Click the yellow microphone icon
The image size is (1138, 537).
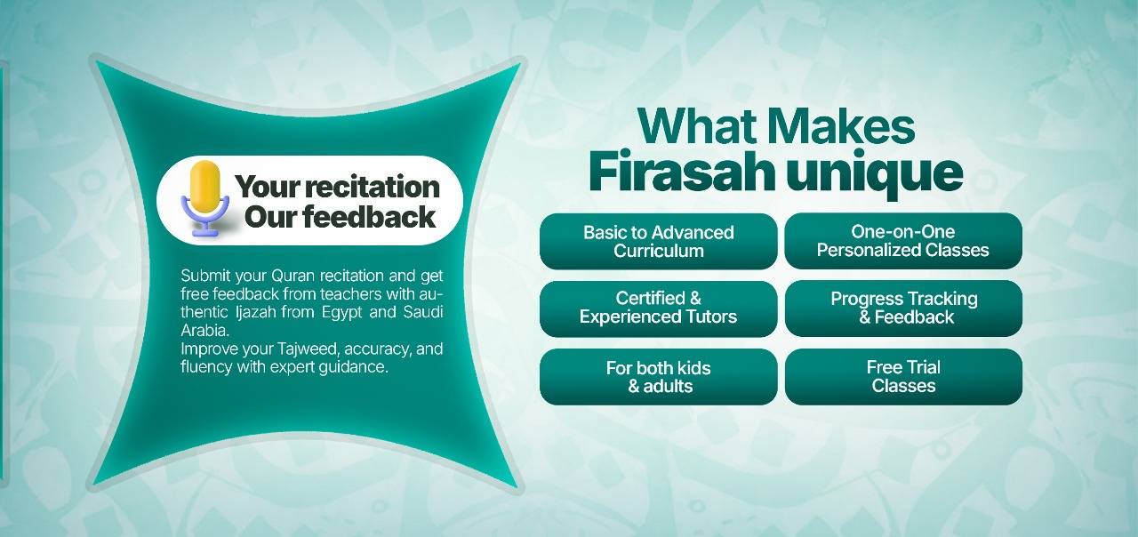coord(205,198)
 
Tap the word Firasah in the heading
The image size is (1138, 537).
coord(682,172)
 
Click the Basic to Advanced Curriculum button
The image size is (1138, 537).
coord(659,241)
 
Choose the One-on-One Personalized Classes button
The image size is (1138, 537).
coord(903,241)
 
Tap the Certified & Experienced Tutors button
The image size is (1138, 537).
coord(659,309)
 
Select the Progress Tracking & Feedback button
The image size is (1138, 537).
coord(903,309)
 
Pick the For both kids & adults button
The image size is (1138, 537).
coord(659,376)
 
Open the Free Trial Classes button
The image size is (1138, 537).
coord(903,376)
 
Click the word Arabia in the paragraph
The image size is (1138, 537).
coord(205,330)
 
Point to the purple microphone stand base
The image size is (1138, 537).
coord(205,233)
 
